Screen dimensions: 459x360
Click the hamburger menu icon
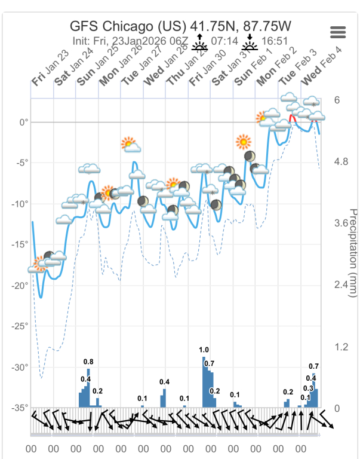coord(338,32)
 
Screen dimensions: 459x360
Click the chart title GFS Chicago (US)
coord(128,26)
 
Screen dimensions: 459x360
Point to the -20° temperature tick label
coord(20,285)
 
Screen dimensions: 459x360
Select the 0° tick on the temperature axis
coord(24,122)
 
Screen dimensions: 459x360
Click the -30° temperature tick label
coord(20,367)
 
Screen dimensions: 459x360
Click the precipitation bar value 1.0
coord(204,350)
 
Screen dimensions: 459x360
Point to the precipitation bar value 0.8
coord(88,362)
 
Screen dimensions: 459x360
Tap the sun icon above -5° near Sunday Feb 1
coord(242,142)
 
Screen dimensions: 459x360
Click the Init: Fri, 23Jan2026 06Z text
coord(130,41)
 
